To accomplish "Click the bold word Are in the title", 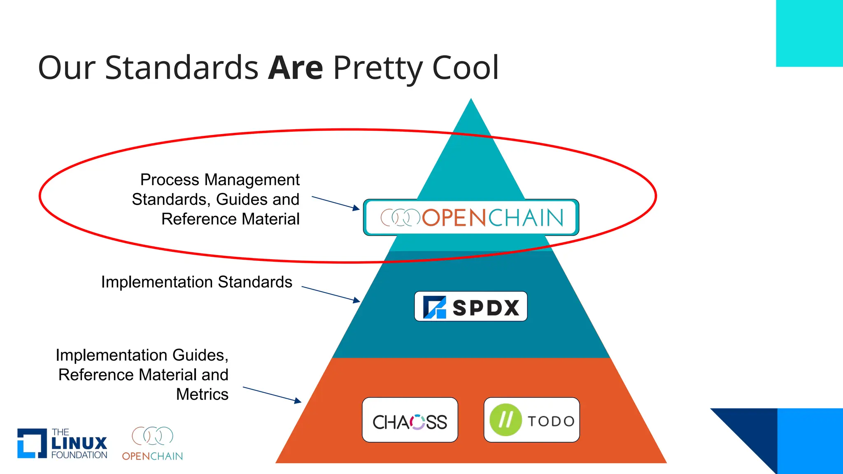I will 295,68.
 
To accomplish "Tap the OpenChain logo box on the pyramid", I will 471,217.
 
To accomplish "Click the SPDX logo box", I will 470,307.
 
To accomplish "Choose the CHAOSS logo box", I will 410,420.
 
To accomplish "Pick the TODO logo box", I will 531,420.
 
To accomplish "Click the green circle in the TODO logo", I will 505,420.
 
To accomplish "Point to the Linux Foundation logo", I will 62,443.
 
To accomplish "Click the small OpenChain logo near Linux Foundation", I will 152,444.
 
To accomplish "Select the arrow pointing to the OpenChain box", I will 335,203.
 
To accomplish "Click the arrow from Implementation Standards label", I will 331,295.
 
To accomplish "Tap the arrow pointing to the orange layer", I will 272,395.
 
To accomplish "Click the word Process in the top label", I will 170,180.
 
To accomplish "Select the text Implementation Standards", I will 196,282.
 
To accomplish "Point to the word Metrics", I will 202,394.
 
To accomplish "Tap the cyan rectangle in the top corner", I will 809,33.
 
